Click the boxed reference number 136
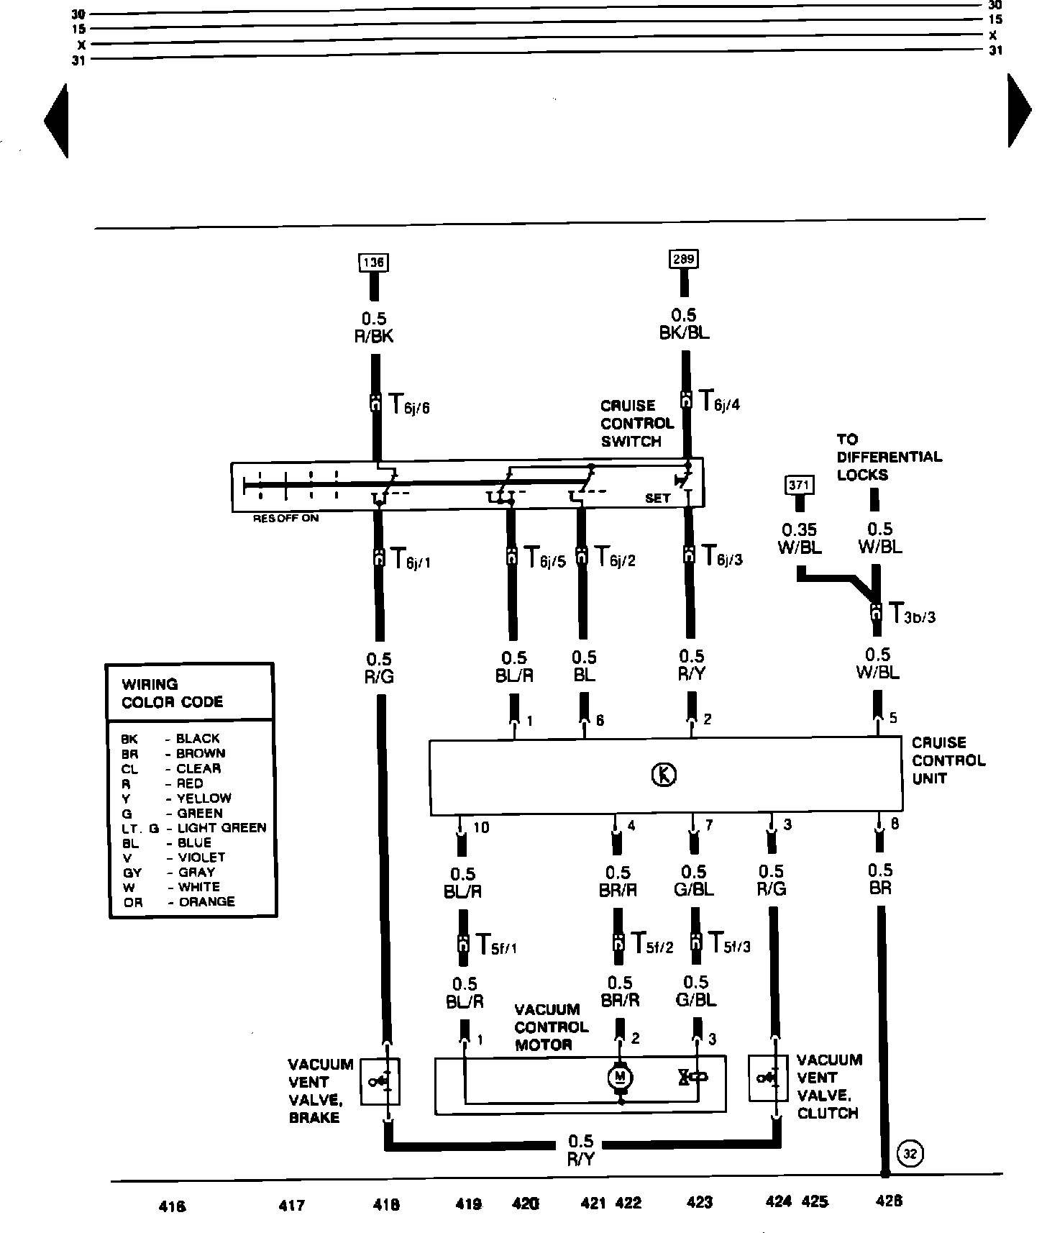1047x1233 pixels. [x=373, y=263]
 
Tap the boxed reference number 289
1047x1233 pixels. [x=684, y=259]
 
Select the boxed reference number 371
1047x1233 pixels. [x=799, y=485]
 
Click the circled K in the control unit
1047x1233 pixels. [x=664, y=774]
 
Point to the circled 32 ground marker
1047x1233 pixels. [x=910, y=1155]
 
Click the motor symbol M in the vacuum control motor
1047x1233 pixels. [x=620, y=1077]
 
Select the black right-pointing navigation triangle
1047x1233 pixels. [x=1019, y=111]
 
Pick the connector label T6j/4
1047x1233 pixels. [x=719, y=401]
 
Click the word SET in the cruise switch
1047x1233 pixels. [x=657, y=498]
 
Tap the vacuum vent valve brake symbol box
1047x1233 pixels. [x=380, y=1080]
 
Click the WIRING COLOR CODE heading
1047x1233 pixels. [x=172, y=693]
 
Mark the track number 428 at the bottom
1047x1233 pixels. [x=889, y=1201]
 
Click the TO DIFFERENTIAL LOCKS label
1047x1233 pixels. [x=889, y=457]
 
